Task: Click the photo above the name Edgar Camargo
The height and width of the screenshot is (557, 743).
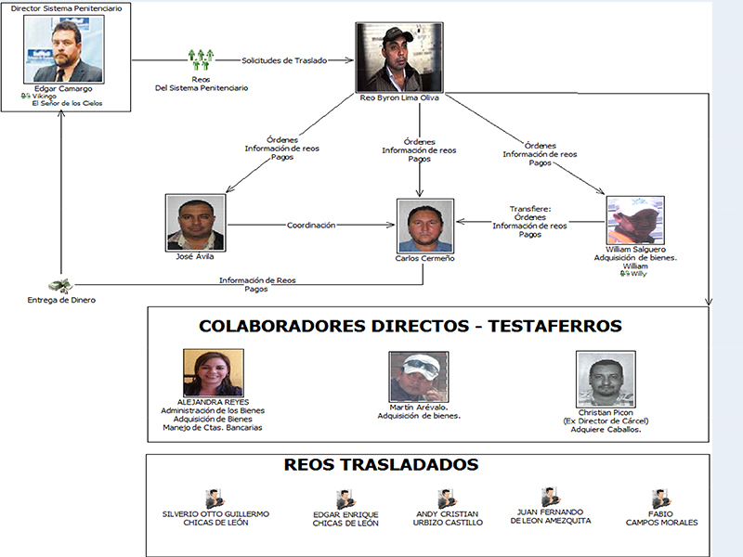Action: (64, 49)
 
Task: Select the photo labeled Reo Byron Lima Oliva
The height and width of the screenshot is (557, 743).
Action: (399, 58)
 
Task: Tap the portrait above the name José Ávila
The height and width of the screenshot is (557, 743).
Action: (196, 223)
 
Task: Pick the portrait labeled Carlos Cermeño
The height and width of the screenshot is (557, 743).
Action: (425, 226)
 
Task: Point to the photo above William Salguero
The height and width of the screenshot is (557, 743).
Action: (635, 220)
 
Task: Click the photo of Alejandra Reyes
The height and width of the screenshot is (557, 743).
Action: (214, 373)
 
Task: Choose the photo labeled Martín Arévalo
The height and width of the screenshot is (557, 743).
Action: (419, 377)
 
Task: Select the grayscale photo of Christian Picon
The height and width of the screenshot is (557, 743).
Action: (606, 380)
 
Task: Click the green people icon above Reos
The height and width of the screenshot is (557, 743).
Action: (201, 59)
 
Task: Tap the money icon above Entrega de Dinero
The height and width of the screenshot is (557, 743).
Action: (60, 285)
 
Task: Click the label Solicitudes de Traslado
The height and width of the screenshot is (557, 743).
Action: (284, 60)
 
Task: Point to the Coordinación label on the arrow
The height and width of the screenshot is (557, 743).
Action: (311, 225)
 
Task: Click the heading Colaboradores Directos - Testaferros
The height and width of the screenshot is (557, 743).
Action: (411, 327)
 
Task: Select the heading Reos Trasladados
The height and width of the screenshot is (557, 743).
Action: (381, 465)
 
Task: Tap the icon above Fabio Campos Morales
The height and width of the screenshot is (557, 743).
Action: (661, 499)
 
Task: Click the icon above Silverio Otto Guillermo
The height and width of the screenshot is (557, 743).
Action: (215, 499)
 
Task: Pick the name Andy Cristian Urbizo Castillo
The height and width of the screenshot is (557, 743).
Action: (448, 518)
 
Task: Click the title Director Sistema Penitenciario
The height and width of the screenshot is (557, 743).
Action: (66, 8)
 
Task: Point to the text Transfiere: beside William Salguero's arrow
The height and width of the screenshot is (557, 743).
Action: (530, 209)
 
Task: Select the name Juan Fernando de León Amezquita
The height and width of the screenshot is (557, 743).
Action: (550, 516)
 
